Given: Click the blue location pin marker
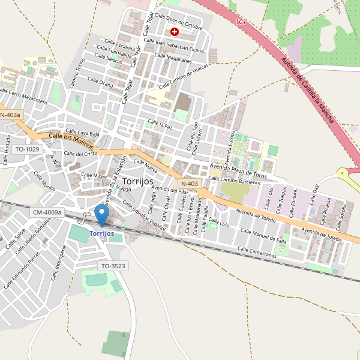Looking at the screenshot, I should (102, 214).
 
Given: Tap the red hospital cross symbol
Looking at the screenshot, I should (175, 31).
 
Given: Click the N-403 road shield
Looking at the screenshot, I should (189, 184).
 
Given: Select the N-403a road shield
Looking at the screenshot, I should (10, 115).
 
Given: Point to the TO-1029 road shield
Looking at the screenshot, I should (27, 149).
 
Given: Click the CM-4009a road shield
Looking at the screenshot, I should (47, 212).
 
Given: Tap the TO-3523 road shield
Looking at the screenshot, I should (113, 265).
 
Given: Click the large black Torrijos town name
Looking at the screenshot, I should (137, 181).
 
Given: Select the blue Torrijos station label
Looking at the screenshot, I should (101, 233).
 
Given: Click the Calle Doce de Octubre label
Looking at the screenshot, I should (179, 21).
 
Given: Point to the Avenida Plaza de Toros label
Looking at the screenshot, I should (238, 170).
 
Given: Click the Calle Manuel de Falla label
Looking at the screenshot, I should (263, 234).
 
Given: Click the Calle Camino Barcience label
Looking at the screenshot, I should (235, 180).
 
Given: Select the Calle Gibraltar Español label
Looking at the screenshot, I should (144, 217).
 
